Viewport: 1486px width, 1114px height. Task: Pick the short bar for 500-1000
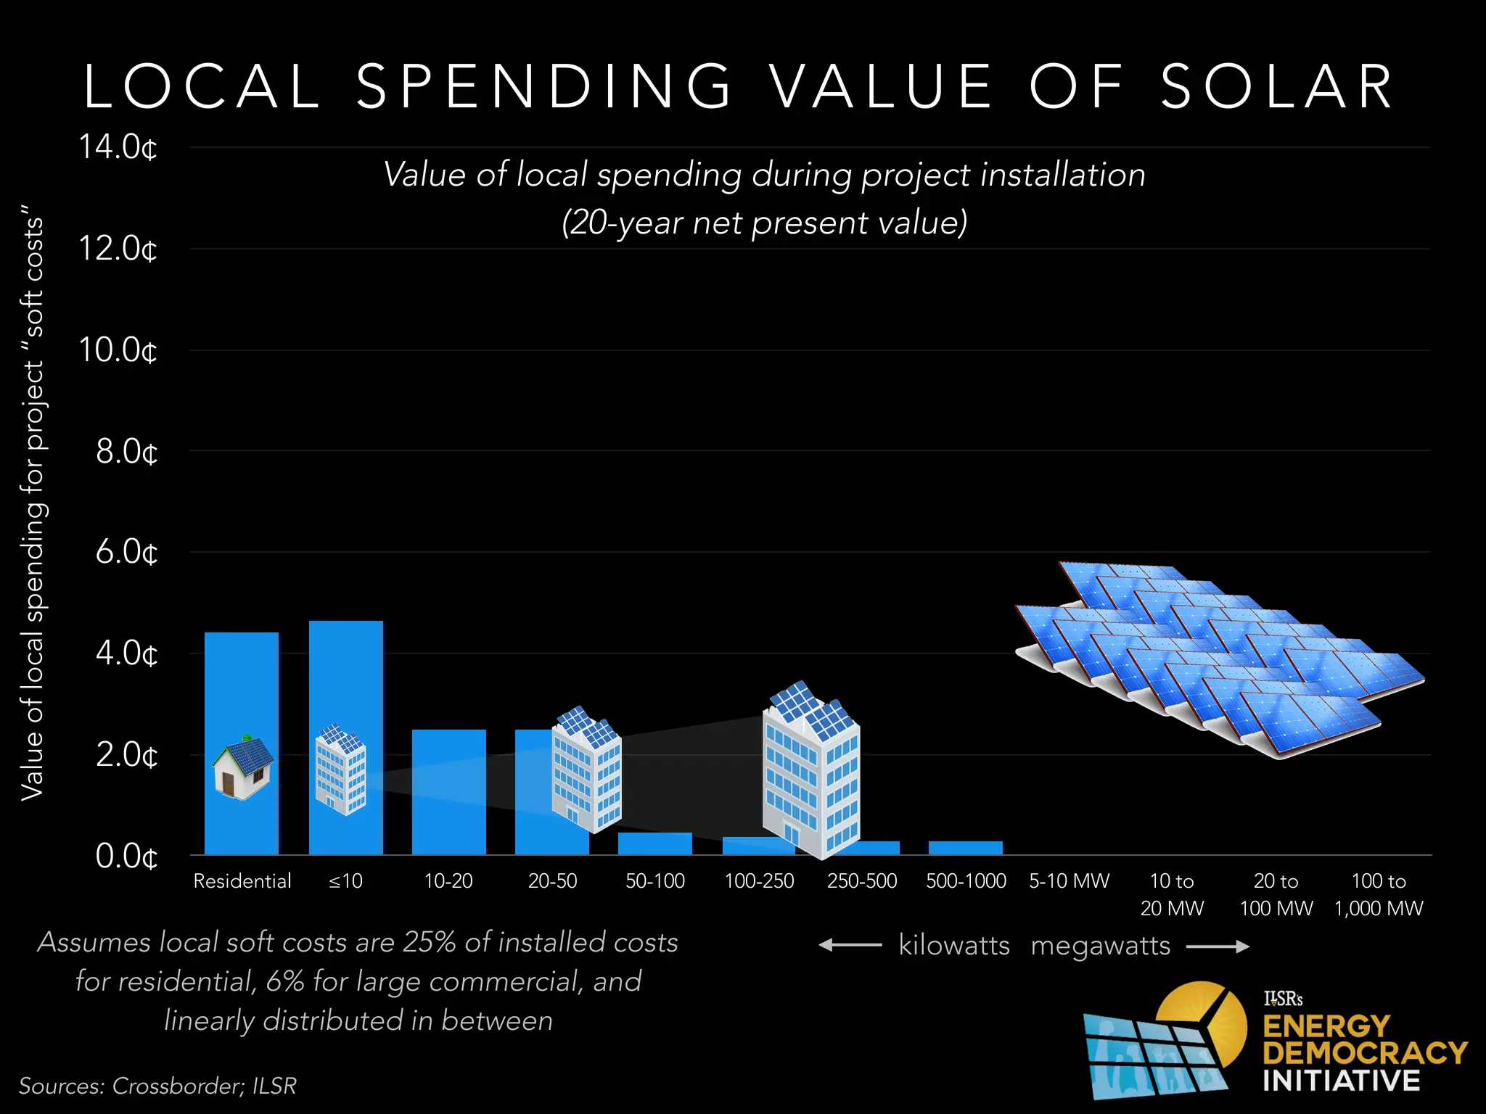[965, 848]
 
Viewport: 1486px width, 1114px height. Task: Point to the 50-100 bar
[654, 843]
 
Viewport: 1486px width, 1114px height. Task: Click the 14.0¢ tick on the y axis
[118, 147]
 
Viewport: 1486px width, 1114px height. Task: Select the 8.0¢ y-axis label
[126, 452]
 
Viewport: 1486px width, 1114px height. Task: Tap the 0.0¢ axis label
[126, 857]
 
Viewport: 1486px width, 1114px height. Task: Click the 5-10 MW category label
[1069, 881]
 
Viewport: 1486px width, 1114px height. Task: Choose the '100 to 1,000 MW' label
[1379, 894]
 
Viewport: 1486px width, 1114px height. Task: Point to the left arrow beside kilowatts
[849, 945]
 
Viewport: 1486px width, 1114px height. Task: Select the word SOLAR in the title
[1277, 87]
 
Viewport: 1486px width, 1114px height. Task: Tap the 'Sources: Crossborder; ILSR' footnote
[157, 1086]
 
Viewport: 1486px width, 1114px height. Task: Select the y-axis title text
[33, 508]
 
